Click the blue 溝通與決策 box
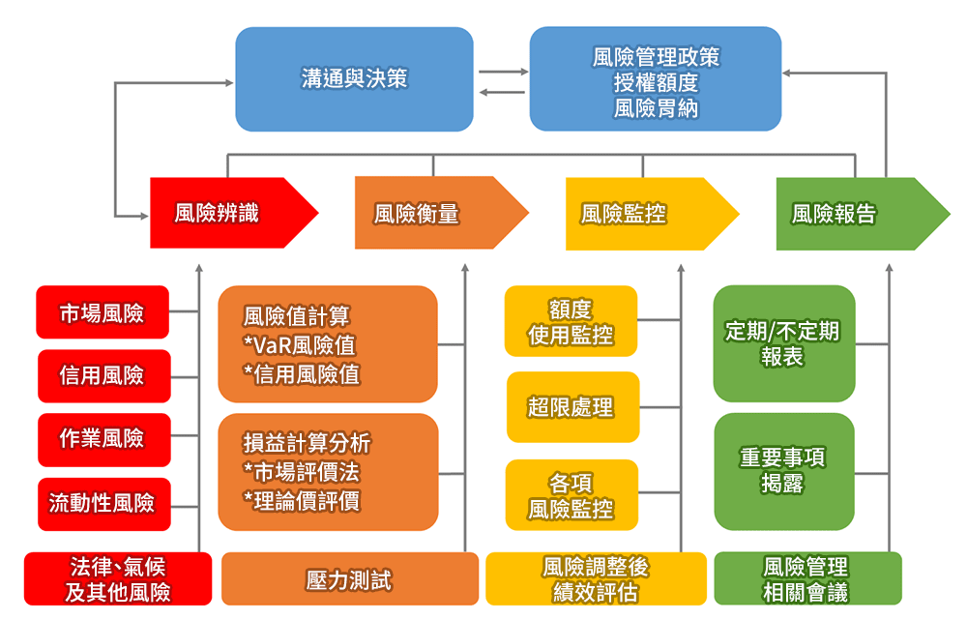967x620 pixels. click(x=354, y=79)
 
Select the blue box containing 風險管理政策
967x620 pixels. click(x=656, y=79)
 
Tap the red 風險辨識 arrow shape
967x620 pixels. click(x=234, y=213)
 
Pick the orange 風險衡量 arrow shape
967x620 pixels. click(x=442, y=213)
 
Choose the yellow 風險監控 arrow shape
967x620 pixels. click(x=652, y=214)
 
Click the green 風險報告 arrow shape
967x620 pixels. click(x=863, y=214)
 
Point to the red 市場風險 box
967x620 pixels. click(x=103, y=312)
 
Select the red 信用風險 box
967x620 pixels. click(x=104, y=375)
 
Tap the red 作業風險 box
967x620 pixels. click(x=104, y=439)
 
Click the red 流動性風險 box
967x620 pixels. click(x=104, y=504)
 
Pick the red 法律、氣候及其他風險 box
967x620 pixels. click(x=118, y=578)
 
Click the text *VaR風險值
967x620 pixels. click(x=299, y=345)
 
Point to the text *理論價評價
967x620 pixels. click(x=302, y=501)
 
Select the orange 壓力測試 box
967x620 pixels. click(x=350, y=578)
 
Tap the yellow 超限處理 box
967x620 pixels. click(x=572, y=407)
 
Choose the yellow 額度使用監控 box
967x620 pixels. click(x=571, y=321)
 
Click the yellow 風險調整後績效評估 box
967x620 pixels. click(x=597, y=578)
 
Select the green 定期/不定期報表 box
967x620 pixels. click(x=784, y=343)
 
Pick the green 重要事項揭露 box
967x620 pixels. click(x=784, y=471)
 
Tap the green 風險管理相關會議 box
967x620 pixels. click(x=807, y=578)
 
